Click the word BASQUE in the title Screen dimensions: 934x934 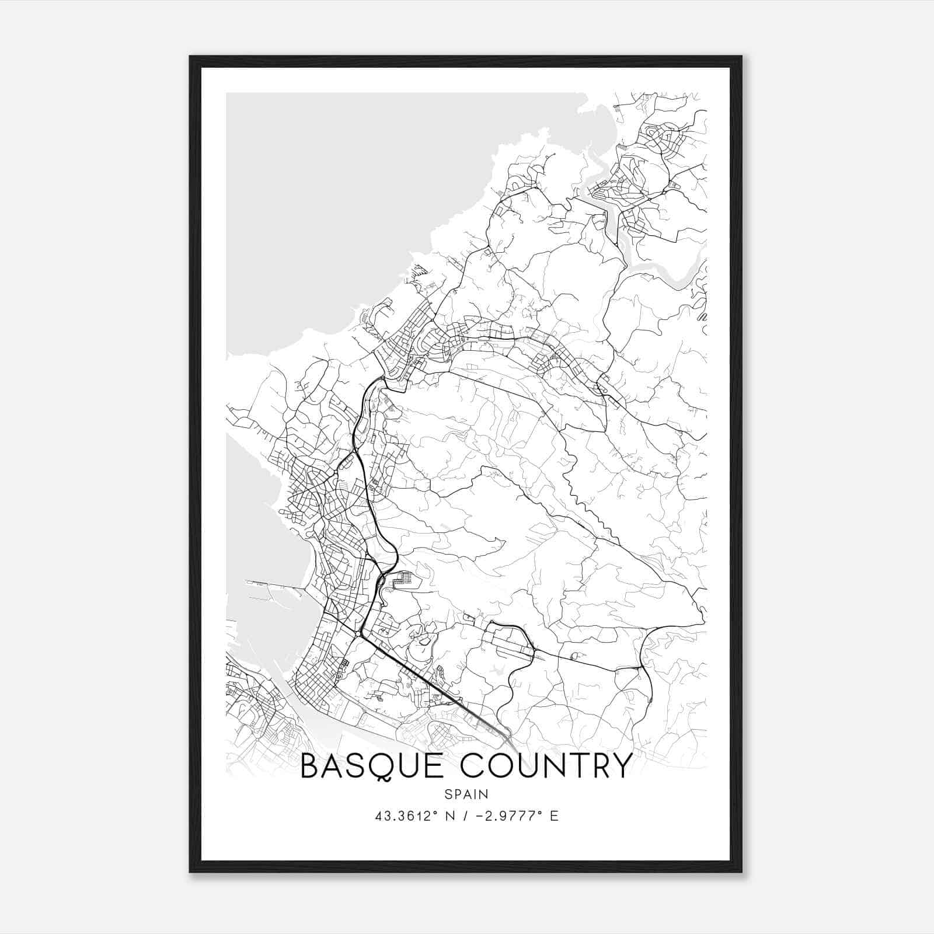(x=375, y=767)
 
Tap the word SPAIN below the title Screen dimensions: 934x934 (x=466, y=794)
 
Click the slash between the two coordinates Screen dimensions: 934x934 (x=463, y=816)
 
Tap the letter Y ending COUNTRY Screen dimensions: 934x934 (x=621, y=766)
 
